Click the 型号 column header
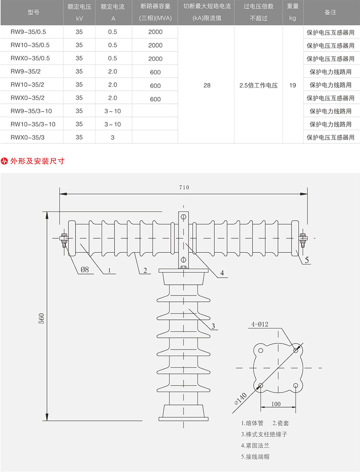click(33, 12)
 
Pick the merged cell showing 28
click(207, 85)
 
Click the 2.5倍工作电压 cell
click(258, 85)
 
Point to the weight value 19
click(293, 85)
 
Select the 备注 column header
click(330, 12)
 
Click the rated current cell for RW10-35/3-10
click(113, 124)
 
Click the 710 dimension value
click(184, 188)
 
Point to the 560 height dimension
click(41, 318)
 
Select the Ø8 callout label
click(85, 270)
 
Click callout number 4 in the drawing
click(222, 273)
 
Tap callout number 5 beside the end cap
click(307, 260)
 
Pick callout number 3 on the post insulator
click(213, 326)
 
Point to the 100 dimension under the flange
click(276, 404)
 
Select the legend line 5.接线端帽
click(255, 457)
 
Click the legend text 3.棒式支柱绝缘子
click(264, 434)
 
